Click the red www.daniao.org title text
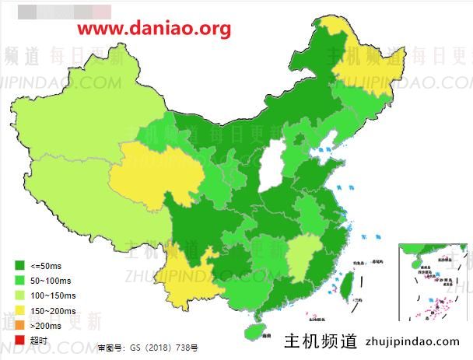pyautogui.click(x=155, y=29)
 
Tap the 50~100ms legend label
pyautogui.click(x=52, y=281)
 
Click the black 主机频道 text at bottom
pyautogui.click(x=321, y=341)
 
